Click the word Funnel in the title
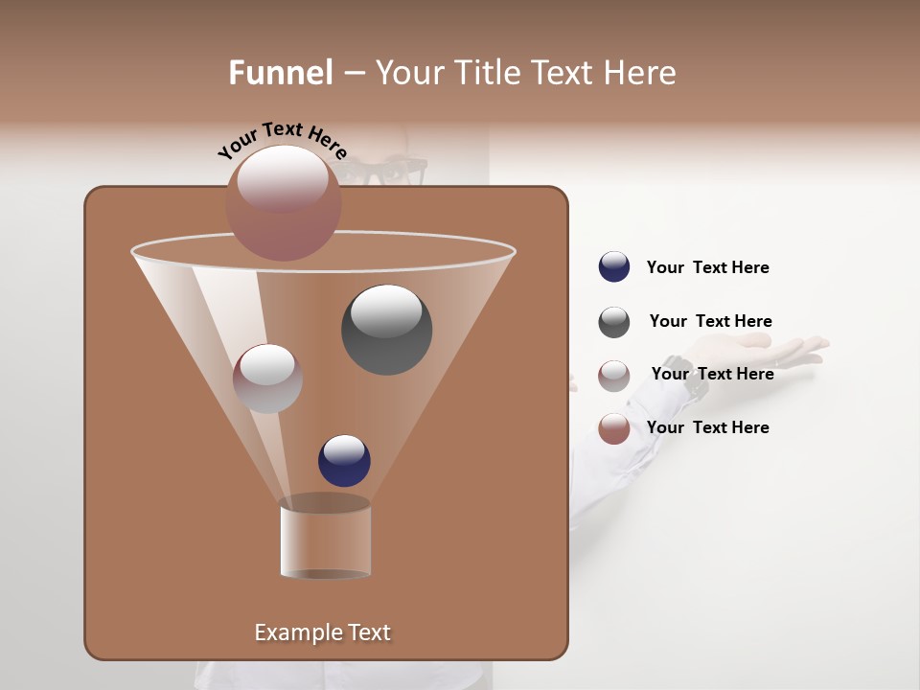coord(281,73)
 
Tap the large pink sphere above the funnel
coord(283,203)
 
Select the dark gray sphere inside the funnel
coord(386,330)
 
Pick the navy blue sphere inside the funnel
coord(344,460)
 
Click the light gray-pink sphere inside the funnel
coord(267,379)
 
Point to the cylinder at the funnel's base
coord(325,540)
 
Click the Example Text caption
coord(322,632)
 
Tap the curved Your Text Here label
coord(282,140)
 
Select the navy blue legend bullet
coord(614,267)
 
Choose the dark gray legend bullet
coord(614,322)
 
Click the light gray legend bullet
coord(614,376)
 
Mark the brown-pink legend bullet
coord(614,428)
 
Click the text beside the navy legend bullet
coord(707,268)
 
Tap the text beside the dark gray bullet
coord(710,322)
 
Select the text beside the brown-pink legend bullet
coord(707,427)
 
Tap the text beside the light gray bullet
coord(712,374)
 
